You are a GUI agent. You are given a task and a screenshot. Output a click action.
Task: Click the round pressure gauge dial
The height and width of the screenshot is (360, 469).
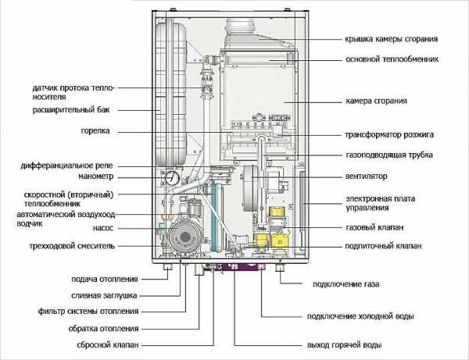pos(172,178)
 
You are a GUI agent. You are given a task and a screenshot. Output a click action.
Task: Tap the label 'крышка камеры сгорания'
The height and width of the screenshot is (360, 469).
pos(391,39)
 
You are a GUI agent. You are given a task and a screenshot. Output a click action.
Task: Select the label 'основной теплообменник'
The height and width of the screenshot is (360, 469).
pos(392,59)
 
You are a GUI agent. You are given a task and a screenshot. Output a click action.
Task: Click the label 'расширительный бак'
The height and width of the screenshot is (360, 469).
pos(71,110)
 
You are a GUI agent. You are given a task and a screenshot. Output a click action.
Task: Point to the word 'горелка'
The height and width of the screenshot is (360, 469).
pos(95,131)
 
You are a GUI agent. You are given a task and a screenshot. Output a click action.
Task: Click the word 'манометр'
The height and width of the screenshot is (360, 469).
pos(95,176)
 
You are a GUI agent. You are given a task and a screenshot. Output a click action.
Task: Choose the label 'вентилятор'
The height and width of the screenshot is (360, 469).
pos(367,176)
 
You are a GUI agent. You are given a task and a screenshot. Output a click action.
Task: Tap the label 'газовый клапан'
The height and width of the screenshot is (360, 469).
pos(374,227)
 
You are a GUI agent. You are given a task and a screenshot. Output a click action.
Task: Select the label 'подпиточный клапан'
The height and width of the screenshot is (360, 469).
pos(383,246)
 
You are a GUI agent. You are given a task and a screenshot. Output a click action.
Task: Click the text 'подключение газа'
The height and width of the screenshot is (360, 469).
pos(345,284)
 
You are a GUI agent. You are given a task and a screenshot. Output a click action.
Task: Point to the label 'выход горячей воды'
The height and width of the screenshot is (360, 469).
pos(344,345)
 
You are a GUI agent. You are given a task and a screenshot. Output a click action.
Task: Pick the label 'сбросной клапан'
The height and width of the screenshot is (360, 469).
pos(108,344)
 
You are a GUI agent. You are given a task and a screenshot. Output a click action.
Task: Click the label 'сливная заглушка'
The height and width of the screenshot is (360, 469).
pos(104,296)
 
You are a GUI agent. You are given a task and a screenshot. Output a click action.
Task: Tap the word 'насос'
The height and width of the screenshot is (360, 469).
pos(103,229)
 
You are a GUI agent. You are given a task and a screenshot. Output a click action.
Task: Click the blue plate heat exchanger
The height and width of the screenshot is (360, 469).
pos(215,217)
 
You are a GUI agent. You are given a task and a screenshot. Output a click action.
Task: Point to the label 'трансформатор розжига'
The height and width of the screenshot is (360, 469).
pos(389,135)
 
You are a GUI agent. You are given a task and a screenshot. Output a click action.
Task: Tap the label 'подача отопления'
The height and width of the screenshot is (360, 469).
pos(105,280)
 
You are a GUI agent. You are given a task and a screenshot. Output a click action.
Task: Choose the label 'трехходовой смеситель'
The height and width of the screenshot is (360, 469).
pos(72,246)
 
